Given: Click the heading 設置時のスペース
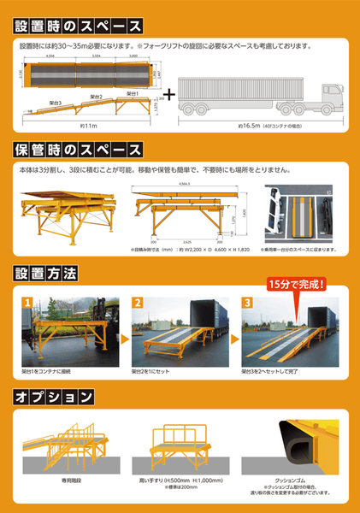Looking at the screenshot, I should tap(77, 27).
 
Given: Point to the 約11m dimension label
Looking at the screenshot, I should tap(89, 125).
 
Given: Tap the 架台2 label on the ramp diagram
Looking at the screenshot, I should tap(95, 97).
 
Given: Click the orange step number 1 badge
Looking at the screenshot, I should tap(27, 302).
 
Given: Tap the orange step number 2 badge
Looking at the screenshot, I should tap(137, 302).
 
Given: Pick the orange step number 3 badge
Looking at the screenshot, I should tap(248, 302).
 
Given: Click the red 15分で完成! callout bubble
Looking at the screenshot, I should tap(299, 284).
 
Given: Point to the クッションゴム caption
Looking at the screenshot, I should tap(291, 483).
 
